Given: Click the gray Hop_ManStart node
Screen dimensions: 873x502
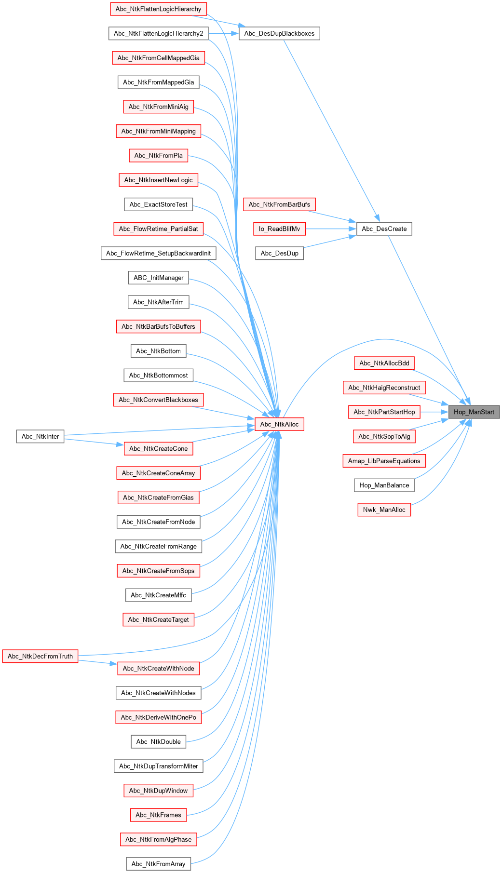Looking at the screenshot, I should click(x=474, y=412).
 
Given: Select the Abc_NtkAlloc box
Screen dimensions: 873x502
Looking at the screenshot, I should click(x=279, y=424).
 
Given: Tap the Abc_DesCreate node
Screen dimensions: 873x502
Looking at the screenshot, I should click(x=384, y=229).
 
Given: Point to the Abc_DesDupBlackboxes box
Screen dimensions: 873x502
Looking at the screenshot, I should click(x=279, y=33).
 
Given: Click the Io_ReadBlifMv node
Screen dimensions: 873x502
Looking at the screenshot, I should click(x=279, y=229).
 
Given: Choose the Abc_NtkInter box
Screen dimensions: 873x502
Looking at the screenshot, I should click(x=40, y=437).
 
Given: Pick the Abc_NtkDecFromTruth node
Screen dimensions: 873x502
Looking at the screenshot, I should click(x=40, y=656).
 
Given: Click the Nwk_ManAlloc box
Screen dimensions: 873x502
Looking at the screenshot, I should click(x=384, y=510).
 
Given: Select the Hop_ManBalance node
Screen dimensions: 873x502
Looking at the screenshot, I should click(x=384, y=485).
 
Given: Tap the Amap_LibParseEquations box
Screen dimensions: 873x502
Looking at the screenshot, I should click(x=384, y=461).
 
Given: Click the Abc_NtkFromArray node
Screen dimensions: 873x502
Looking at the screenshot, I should click(x=158, y=864).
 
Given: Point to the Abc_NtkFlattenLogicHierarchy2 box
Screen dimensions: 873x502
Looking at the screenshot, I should click(x=158, y=33).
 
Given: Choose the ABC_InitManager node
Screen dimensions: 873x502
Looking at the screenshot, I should click(x=158, y=278).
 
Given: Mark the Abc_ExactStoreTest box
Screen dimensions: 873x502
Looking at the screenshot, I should click(x=158, y=204).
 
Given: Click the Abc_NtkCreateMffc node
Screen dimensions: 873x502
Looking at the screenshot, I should click(x=158, y=595).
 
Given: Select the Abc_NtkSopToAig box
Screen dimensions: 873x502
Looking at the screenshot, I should click(x=384, y=437).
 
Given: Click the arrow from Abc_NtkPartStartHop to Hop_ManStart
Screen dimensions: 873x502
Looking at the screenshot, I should click(x=434, y=412).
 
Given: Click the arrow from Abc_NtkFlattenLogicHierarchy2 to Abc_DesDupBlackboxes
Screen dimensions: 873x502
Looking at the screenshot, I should click(x=224, y=33).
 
